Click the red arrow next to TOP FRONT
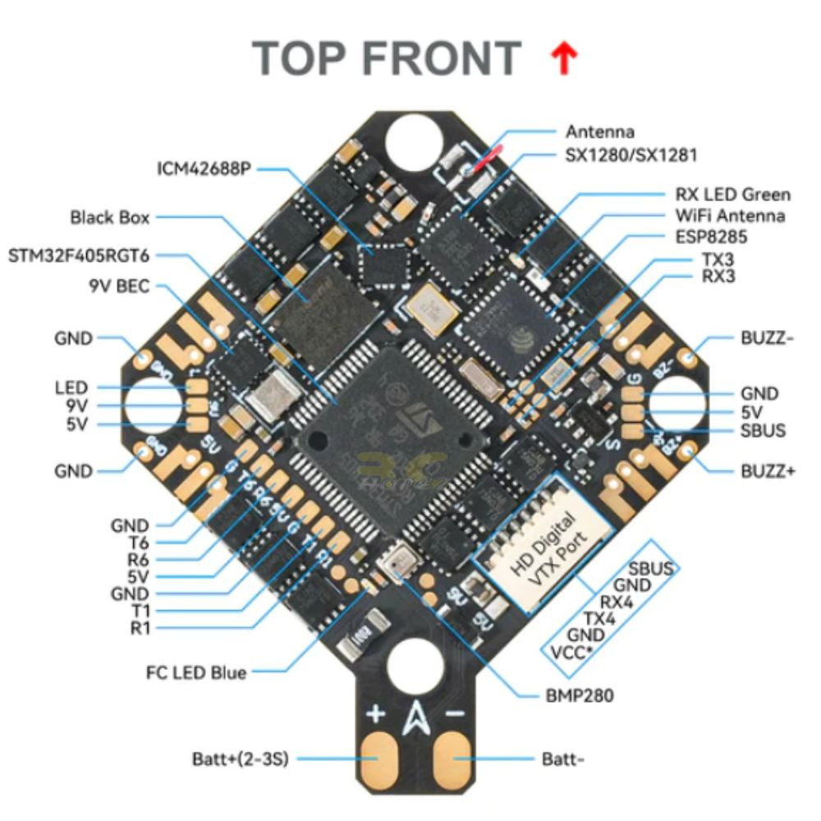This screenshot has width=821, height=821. tap(566, 61)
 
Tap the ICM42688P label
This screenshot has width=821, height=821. tap(204, 169)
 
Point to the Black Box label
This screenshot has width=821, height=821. tap(110, 218)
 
